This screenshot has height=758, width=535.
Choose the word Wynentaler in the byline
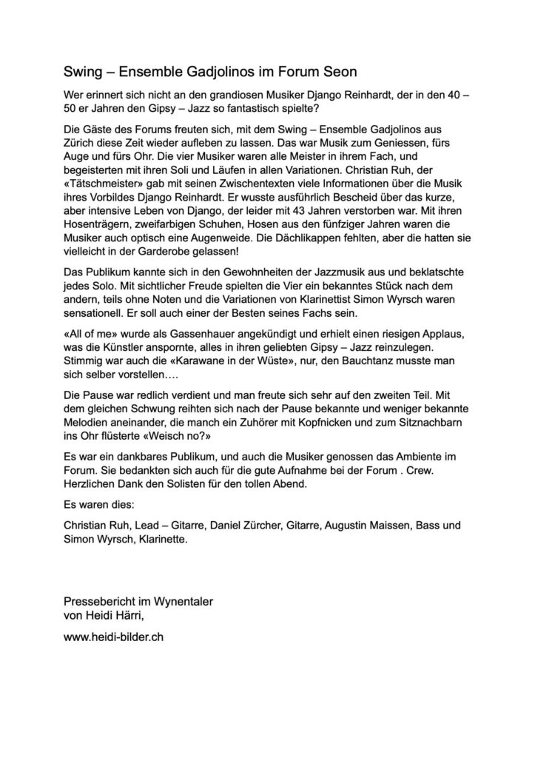pyautogui.click(x=191, y=600)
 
